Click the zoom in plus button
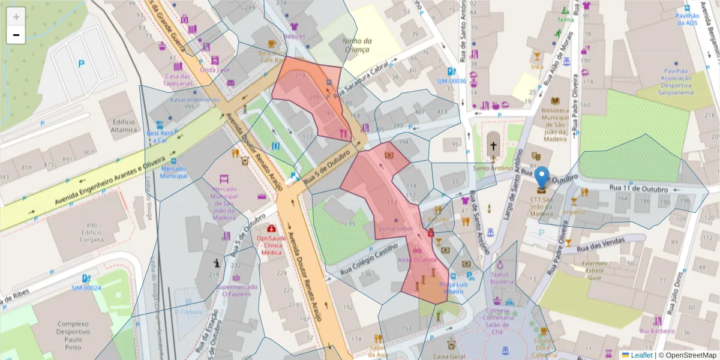(x=16, y=17)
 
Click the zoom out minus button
(x=16, y=35)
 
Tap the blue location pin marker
(x=542, y=178)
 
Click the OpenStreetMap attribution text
(x=688, y=355)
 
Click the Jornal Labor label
(x=395, y=229)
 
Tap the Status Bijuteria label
(x=502, y=278)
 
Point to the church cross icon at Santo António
(x=493, y=146)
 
